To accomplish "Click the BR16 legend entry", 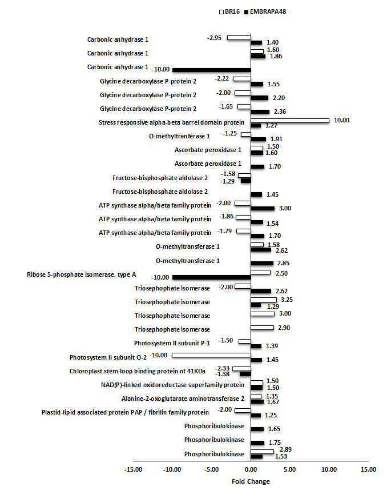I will point(229,11).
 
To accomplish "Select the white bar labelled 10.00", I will point(290,121).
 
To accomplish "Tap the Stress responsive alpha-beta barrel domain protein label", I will point(171,122).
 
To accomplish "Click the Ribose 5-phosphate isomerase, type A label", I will point(81,274).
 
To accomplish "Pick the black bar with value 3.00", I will point(263,209).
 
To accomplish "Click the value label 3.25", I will point(287,299).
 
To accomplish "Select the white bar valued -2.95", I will point(239,38).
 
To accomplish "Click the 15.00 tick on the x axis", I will point(368,470).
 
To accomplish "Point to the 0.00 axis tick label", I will point(250,470).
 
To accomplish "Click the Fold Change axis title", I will point(251,481).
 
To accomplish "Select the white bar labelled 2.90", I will point(262,327).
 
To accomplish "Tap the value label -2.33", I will point(222,368).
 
